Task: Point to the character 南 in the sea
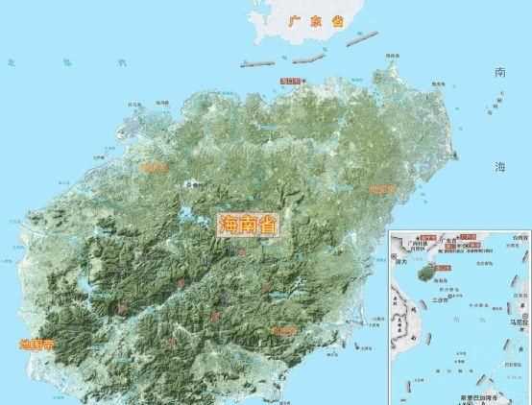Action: [499, 73]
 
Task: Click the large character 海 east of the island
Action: [499, 168]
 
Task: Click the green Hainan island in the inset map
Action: [425, 272]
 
